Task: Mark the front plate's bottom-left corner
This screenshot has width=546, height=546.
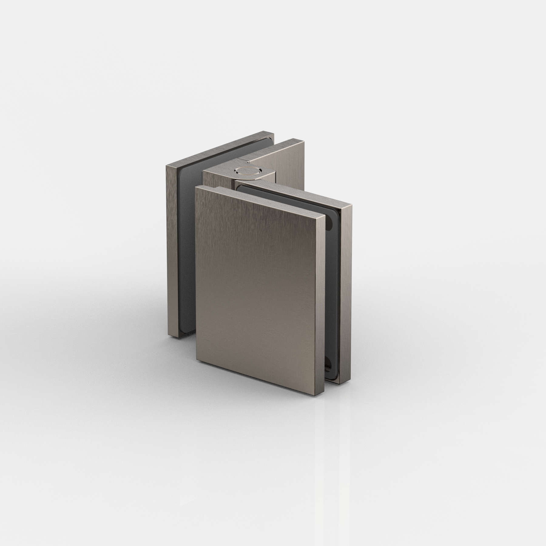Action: point(197,361)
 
